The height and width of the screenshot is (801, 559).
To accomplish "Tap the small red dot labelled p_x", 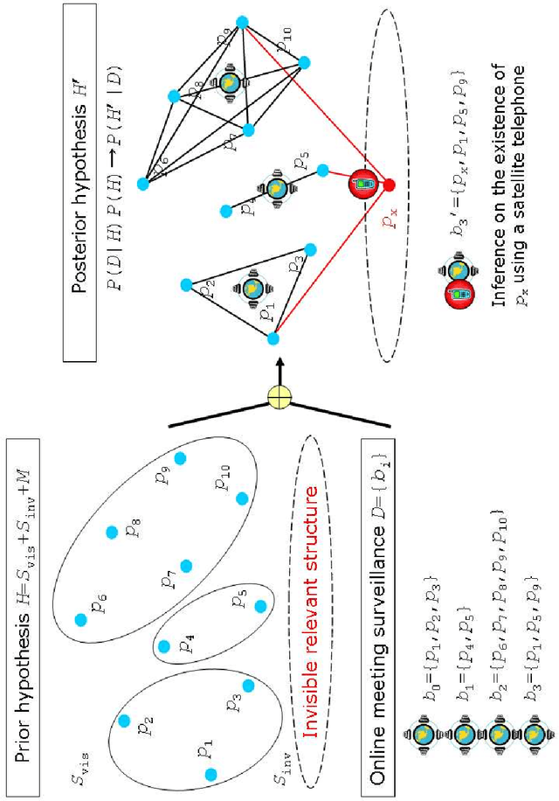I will coord(389,185).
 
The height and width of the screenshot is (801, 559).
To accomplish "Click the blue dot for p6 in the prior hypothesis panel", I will coord(81,619).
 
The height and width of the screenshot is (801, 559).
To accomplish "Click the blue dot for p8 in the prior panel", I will coord(111,531).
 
